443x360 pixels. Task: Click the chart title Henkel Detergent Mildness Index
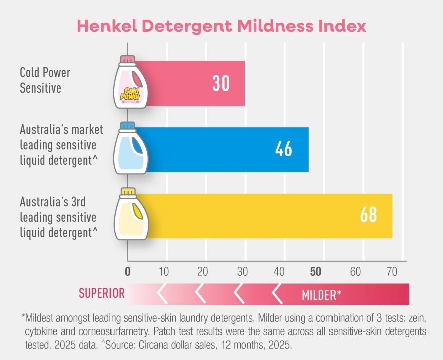click(221, 26)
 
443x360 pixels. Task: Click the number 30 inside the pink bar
click(220, 83)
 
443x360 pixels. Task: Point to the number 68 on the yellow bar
click(368, 215)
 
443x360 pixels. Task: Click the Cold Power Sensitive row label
click(45, 80)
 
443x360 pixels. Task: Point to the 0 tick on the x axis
click(128, 272)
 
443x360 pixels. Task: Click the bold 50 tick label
click(315, 272)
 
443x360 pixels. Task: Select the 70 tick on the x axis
click(392, 272)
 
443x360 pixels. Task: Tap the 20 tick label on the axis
click(202, 272)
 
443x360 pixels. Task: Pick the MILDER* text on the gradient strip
click(321, 295)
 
